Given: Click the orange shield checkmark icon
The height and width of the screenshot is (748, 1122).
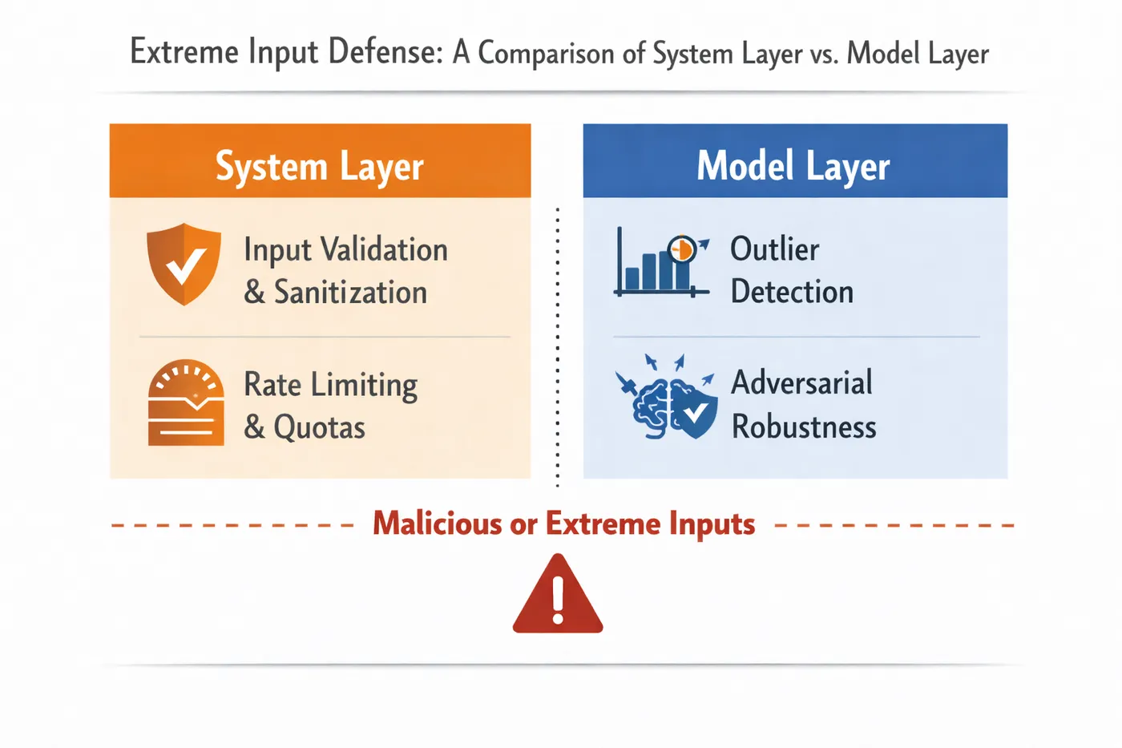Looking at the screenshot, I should (x=184, y=264).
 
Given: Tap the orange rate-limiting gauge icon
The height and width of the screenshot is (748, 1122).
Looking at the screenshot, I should (x=186, y=402).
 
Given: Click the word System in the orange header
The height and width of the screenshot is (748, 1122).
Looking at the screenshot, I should (x=272, y=167).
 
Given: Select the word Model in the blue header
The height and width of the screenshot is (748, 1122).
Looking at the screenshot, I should (x=745, y=167).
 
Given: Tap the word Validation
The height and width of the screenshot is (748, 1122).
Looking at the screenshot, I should (x=385, y=250).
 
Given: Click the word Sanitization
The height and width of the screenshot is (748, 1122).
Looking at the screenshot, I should (x=350, y=293).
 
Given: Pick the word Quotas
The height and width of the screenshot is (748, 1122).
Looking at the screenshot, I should (x=319, y=427).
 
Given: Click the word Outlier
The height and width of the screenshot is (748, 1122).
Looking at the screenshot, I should (x=774, y=249).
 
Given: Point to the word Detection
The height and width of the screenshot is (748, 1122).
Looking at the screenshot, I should (x=792, y=292).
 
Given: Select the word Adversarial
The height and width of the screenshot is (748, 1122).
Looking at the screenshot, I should (x=801, y=382).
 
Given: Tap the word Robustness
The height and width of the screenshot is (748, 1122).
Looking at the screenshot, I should (x=804, y=427).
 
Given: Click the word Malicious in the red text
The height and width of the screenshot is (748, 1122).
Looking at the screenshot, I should (x=437, y=524).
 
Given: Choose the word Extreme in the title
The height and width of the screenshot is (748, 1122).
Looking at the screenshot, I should (x=184, y=53).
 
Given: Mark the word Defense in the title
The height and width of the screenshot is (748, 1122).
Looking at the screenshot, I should (x=385, y=53).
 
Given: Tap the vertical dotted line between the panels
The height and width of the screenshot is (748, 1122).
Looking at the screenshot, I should (x=558, y=345).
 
